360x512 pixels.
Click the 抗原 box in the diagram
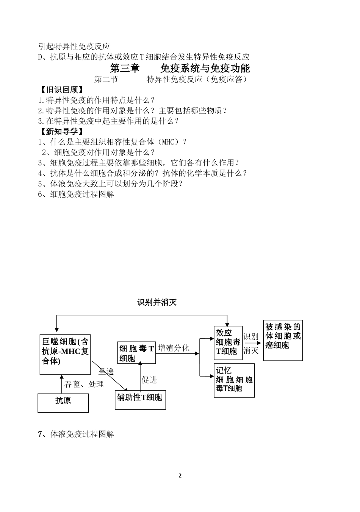(x=63, y=403)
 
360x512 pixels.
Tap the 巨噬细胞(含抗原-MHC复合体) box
(x=65, y=354)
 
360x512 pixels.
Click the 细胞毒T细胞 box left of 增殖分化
(x=136, y=352)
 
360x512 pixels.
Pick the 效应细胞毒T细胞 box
(x=228, y=342)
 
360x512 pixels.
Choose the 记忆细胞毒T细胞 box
(x=234, y=380)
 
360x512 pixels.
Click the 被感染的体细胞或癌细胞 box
(x=283, y=340)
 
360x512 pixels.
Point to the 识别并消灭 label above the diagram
(x=157, y=303)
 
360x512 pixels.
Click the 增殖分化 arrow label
(x=174, y=348)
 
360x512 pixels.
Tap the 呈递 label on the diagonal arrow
(x=106, y=372)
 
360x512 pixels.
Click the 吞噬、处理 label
(x=84, y=385)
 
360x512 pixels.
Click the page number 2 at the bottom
(x=180, y=476)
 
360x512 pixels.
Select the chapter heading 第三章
(x=125, y=68)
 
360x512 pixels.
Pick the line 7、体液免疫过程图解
(x=76, y=435)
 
